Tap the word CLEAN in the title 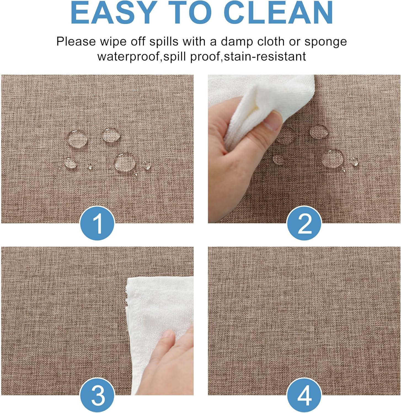tap(279, 13)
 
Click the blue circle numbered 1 tap(97, 223)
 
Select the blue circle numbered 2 tap(304, 223)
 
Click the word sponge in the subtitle tap(325, 42)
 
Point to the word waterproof tap(129, 57)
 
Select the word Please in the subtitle tap(76, 42)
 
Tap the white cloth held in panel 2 tap(256, 107)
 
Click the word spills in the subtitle tap(164, 42)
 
